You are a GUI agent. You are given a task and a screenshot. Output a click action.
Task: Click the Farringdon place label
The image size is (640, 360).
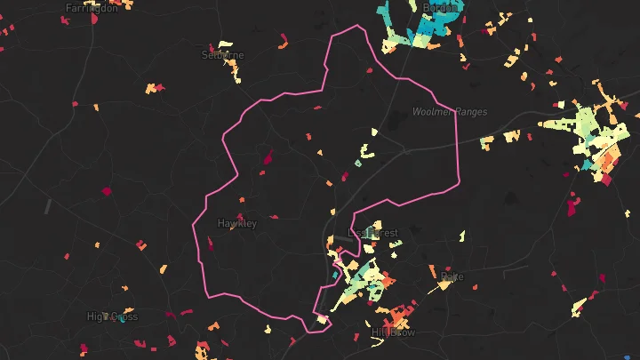pos(92,8)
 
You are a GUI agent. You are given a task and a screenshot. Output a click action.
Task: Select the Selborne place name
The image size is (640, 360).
pos(222,54)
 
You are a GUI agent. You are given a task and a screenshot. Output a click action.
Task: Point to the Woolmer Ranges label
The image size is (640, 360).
pos(451,112)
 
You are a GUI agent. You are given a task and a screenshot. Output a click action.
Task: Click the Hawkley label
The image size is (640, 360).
pos(236,223)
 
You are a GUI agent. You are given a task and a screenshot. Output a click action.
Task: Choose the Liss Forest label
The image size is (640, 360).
pos(373,233)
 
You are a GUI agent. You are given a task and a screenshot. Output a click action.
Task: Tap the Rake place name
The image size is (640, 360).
pos(452,277)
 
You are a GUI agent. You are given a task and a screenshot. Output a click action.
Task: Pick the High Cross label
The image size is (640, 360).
pos(112,316)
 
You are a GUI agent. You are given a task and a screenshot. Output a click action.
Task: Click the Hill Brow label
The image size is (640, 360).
pos(393,332)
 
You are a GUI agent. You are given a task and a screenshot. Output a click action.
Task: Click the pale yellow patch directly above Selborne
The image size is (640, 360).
pos(226,44)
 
